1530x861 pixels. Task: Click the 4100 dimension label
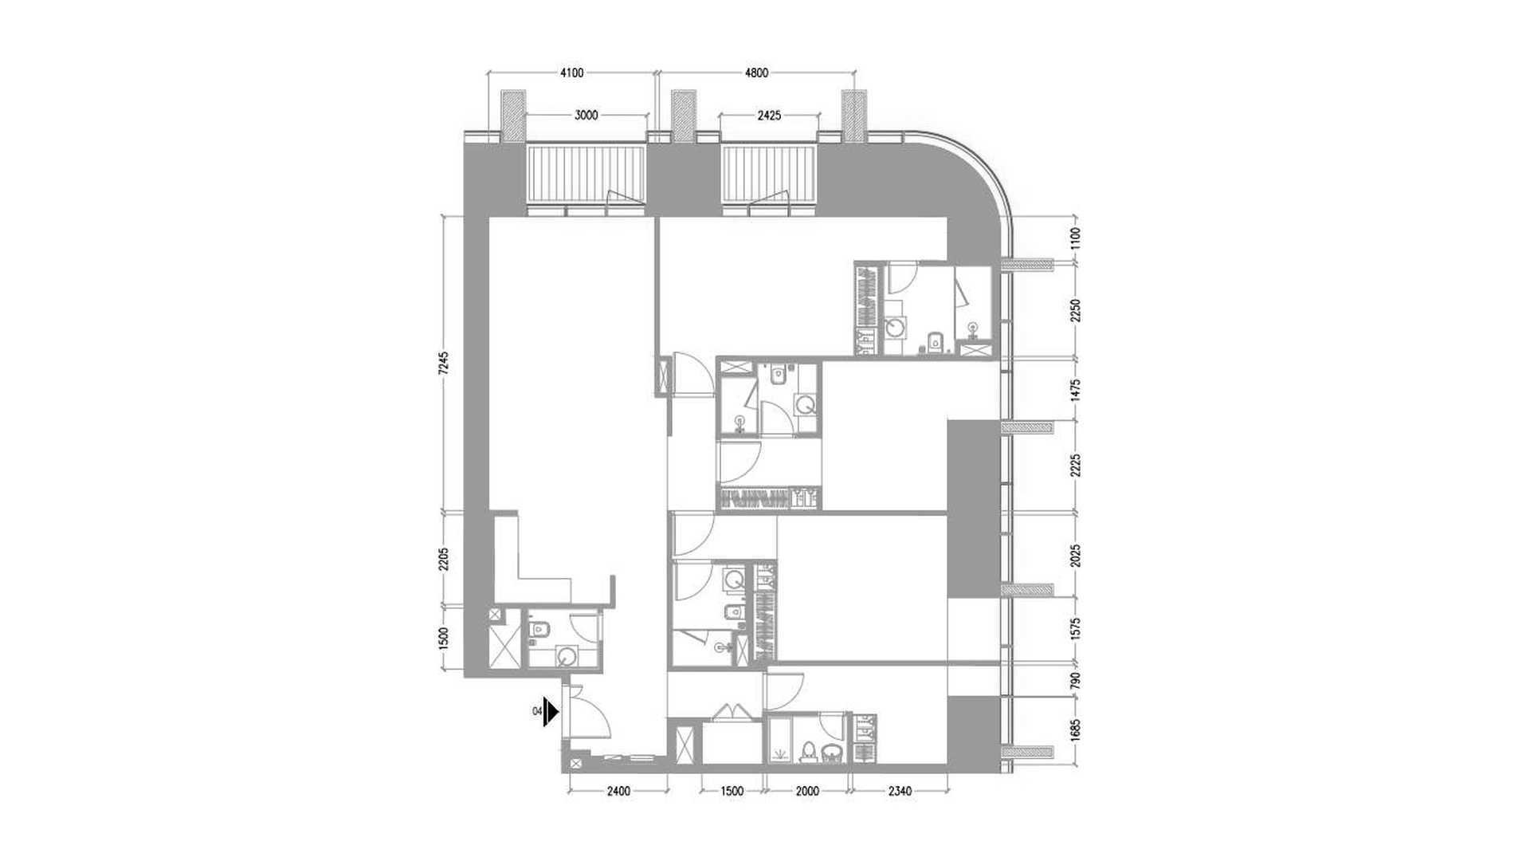tap(571, 73)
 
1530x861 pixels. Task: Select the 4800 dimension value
tap(756, 73)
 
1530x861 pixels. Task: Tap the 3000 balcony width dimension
tap(586, 116)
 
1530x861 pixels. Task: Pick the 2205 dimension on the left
tap(445, 559)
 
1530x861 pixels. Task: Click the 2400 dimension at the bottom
tap(618, 792)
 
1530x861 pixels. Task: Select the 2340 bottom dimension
tap(900, 792)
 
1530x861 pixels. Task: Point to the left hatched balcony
tap(586, 174)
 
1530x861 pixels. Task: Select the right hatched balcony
tap(769, 174)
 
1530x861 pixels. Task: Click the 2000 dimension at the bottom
tap(807, 792)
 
